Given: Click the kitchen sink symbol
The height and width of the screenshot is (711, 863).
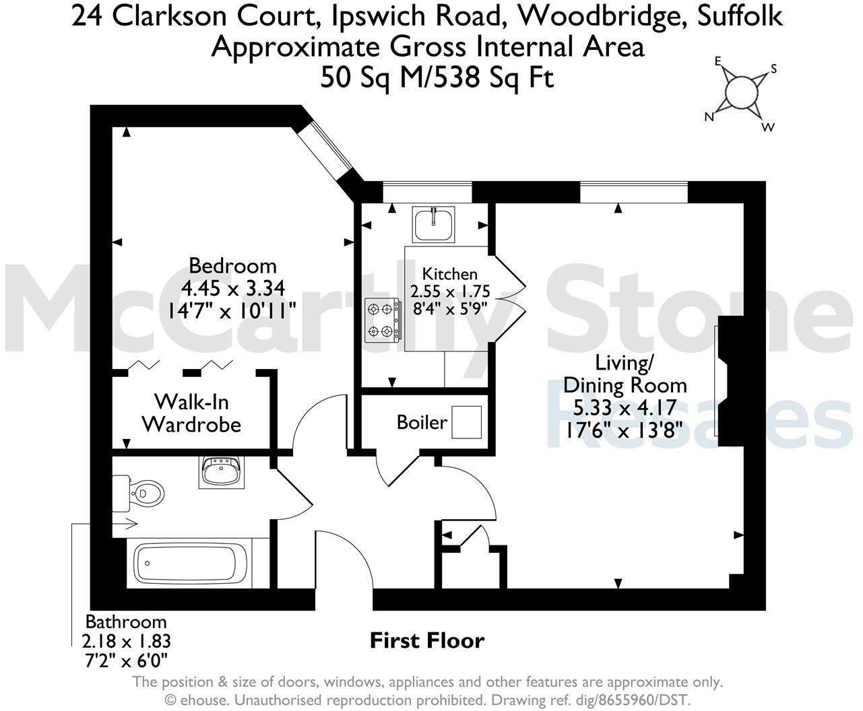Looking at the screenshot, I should click(x=435, y=224).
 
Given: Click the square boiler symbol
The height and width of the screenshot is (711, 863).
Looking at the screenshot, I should click(x=466, y=422).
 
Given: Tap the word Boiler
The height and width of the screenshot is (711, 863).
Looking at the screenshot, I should click(x=422, y=423).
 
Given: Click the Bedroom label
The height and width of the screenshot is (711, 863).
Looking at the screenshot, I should click(x=232, y=265).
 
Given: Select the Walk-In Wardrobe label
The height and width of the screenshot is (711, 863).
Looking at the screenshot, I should click(x=191, y=413).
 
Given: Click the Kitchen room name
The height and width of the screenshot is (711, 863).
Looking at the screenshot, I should click(x=449, y=274).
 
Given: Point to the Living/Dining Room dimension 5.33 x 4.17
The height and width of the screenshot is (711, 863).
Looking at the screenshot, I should click(x=625, y=407).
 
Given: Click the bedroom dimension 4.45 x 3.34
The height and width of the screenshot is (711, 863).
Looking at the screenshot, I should click(x=232, y=287).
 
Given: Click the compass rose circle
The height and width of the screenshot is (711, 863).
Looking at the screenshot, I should click(x=741, y=92).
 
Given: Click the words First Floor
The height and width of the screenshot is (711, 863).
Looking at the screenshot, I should click(x=427, y=640).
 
